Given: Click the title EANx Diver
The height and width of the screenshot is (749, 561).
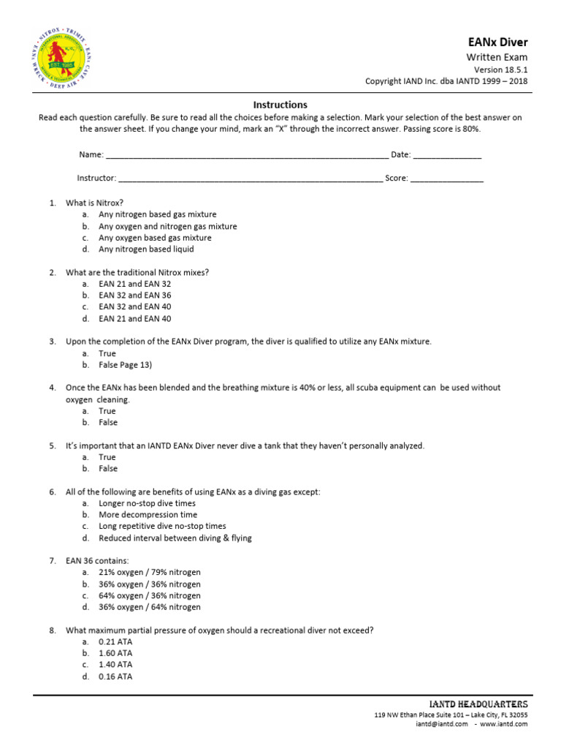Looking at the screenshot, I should point(497,42).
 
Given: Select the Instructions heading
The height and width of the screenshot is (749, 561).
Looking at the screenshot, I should point(280,105).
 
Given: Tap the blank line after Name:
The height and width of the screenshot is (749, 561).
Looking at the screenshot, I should point(247,156).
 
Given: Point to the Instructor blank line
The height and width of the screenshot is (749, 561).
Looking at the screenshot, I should point(250,178).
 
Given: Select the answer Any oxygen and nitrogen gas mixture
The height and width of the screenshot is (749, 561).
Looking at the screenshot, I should point(167,226).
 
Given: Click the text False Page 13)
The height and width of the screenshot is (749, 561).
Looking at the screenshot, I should point(125,364).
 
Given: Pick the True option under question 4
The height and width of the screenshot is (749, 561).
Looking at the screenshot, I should point(107,411).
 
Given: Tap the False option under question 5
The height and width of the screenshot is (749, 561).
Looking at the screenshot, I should point(107,468).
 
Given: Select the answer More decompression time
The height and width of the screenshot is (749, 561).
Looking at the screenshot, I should point(148,515).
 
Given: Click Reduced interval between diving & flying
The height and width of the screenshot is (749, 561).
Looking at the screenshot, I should point(175,538).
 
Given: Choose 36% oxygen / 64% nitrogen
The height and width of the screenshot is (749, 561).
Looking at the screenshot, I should point(149,607).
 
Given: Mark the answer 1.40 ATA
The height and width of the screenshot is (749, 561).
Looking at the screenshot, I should point(115,665).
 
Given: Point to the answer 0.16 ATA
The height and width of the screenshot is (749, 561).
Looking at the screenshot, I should point(115,677).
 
